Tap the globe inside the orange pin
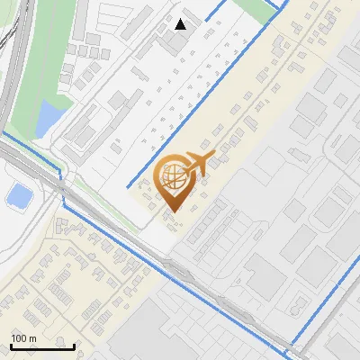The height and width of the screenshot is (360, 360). pyautogui.click(x=172, y=175)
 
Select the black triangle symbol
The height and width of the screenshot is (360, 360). pyautogui.click(x=181, y=23)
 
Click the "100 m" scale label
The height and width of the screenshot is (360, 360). pyautogui.click(x=23, y=338)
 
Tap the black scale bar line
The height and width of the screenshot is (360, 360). pyautogui.click(x=42, y=346)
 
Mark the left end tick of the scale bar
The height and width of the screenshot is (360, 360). pyautogui.click(x=11, y=345)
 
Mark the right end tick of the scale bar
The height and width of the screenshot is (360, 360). pyautogui.click(x=75, y=345)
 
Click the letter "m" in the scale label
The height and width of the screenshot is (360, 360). pyautogui.click(x=31, y=338)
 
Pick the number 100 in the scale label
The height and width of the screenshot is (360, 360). pyautogui.click(x=19, y=338)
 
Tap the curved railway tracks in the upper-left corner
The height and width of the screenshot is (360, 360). pyautogui.click(x=9, y=54)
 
